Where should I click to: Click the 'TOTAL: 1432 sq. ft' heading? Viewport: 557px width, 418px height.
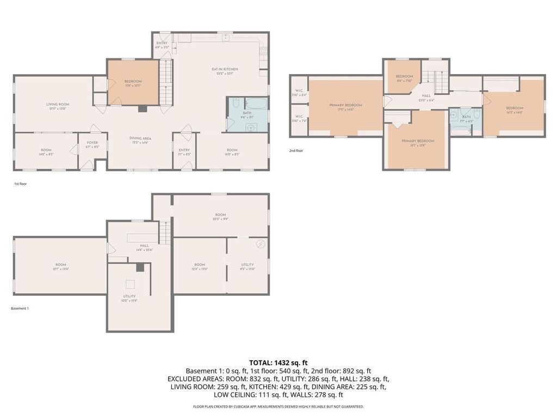pyautogui.click(x=278, y=362)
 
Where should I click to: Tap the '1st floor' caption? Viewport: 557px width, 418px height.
pyautogui.click(x=20, y=184)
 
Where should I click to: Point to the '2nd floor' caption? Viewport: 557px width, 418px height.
pyautogui.click(x=296, y=150)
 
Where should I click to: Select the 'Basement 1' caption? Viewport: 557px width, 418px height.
pyautogui.click(x=20, y=309)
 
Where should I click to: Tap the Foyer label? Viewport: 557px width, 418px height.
pyautogui.click(x=92, y=145)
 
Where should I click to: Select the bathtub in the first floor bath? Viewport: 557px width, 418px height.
pyautogui.click(x=256, y=104)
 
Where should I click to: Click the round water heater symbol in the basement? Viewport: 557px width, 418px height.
pyautogui.click(x=260, y=243)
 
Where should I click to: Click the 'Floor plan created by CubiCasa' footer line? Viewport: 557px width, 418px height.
pyautogui.click(x=278, y=407)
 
